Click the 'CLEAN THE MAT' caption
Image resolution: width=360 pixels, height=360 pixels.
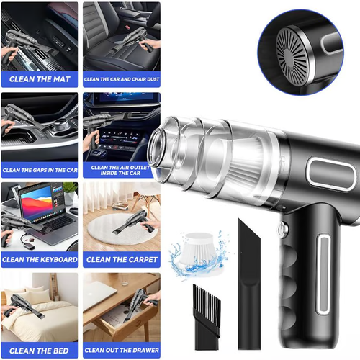[40, 78]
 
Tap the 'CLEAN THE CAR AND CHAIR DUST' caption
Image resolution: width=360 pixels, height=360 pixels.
[121, 78]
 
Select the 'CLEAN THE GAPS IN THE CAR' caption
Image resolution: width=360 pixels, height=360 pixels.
[40, 170]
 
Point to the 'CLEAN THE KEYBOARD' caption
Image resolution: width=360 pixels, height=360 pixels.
[40, 259]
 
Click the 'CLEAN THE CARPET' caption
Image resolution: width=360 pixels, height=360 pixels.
[121, 259]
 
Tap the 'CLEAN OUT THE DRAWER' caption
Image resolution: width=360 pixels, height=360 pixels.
[121, 350]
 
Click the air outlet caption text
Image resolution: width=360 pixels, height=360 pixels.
[121, 170]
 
